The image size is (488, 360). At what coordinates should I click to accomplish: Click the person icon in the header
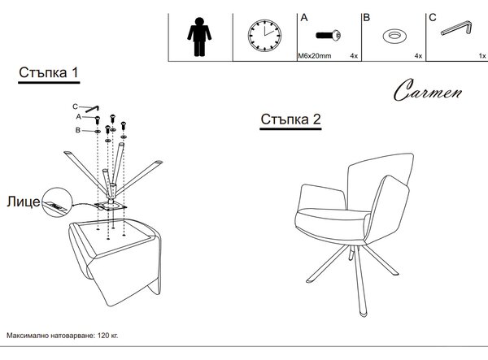pyautogui.click(x=199, y=37)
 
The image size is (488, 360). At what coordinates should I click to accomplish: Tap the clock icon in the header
pyautogui.click(x=264, y=36)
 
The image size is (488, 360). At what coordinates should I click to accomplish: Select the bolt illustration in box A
pyautogui.click(x=329, y=35)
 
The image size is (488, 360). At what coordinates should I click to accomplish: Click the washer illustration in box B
pyautogui.click(x=394, y=36)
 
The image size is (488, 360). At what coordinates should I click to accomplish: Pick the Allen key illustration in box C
pyautogui.click(x=457, y=28)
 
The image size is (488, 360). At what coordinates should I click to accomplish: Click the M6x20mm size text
pyautogui.click(x=315, y=56)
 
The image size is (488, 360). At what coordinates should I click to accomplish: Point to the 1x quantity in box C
pyautogui.click(x=482, y=56)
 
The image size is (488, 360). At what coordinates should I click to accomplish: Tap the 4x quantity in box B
pyautogui.click(x=418, y=56)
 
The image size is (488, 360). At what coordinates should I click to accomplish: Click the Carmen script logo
pyautogui.click(x=428, y=90)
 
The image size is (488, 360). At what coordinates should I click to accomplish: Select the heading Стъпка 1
pyautogui.click(x=48, y=72)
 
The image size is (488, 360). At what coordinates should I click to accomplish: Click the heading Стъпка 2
pyautogui.click(x=290, y=119)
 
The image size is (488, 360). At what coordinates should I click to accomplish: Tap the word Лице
pyautogui.click(x=24, y=202)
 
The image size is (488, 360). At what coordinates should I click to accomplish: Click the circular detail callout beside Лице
pyautogui.click(x=57, y=202)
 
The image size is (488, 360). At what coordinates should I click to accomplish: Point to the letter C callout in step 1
pyautogui.click(x=75, y=106)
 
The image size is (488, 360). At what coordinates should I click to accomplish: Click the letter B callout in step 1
pyautogui.click(x=78, y=130)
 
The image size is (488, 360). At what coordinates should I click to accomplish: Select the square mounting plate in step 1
pyautogui.click(x=111, y=206)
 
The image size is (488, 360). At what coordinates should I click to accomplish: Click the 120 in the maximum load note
pyautogui.click(x=102, y=336)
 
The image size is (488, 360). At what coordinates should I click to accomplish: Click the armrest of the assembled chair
pyautogui.click(x=323, y=197)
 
